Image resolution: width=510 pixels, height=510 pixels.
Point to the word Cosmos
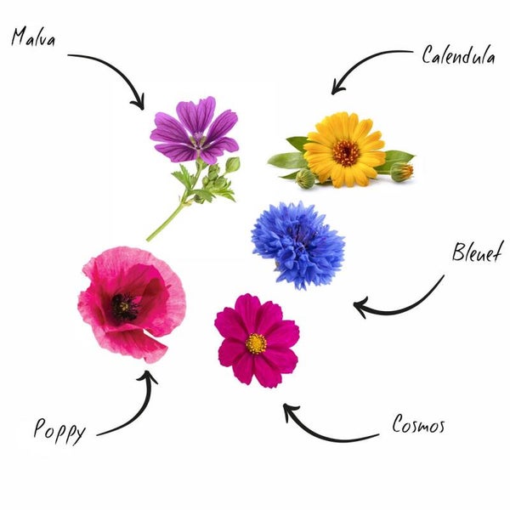click(417, 425)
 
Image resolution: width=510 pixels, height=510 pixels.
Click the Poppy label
click(59, 431)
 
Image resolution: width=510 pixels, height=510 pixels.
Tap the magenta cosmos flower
click(256, 340)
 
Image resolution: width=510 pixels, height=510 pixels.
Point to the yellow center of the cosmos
click(255, 343)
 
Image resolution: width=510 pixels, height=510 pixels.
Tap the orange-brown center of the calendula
click(346, 152)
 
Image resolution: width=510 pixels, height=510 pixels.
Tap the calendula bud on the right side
click(402, 171)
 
